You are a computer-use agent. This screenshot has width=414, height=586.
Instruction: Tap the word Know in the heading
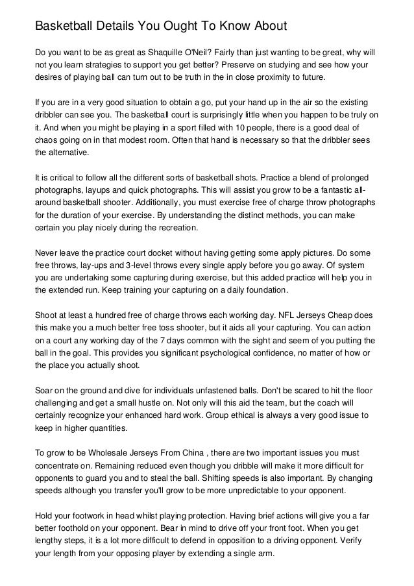(x=238, y=27)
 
